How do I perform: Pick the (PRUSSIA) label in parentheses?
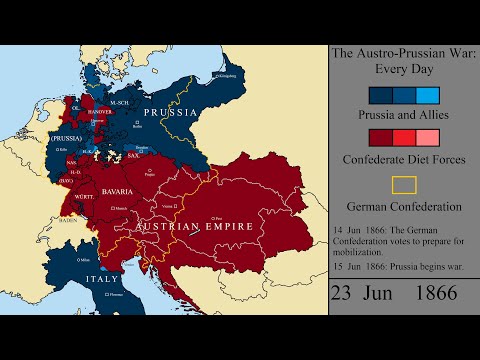tap(68, 136)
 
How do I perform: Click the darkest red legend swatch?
tap(380, 138)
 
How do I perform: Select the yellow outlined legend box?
tap(404, 185)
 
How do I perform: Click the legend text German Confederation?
tap(404, 207)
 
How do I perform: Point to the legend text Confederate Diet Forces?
tap(404, 158)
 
